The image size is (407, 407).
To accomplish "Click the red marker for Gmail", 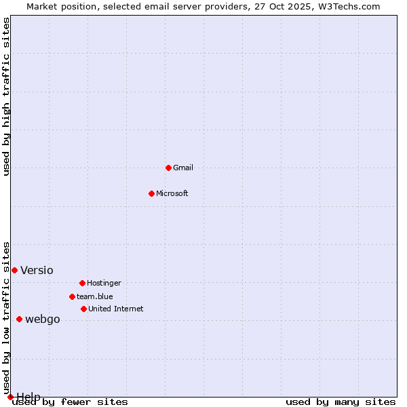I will (168, 168).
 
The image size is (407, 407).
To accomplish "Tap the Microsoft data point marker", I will (151, 193).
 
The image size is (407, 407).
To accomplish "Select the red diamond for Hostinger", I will (82, 283).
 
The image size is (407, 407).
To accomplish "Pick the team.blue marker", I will (72, 296).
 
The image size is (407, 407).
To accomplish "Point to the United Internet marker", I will (83, 309).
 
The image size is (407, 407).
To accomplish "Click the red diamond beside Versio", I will (14, 270).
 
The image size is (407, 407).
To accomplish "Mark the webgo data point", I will (19, 319).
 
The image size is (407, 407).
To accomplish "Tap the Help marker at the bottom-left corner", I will (10, 397).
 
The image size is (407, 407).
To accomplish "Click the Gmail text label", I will (183, 168).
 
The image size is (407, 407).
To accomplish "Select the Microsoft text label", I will (172, 193).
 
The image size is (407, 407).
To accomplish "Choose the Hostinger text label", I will (104, 283).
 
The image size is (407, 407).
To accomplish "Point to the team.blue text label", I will (95, 296).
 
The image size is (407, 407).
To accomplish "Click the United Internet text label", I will (116, 309).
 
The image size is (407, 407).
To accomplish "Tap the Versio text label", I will (37, 270).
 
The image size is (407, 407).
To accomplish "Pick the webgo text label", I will (43, 319).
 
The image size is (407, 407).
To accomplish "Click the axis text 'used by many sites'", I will (341, 402).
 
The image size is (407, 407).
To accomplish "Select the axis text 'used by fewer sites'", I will (71, 402).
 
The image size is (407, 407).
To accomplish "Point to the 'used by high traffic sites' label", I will (7, 96).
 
